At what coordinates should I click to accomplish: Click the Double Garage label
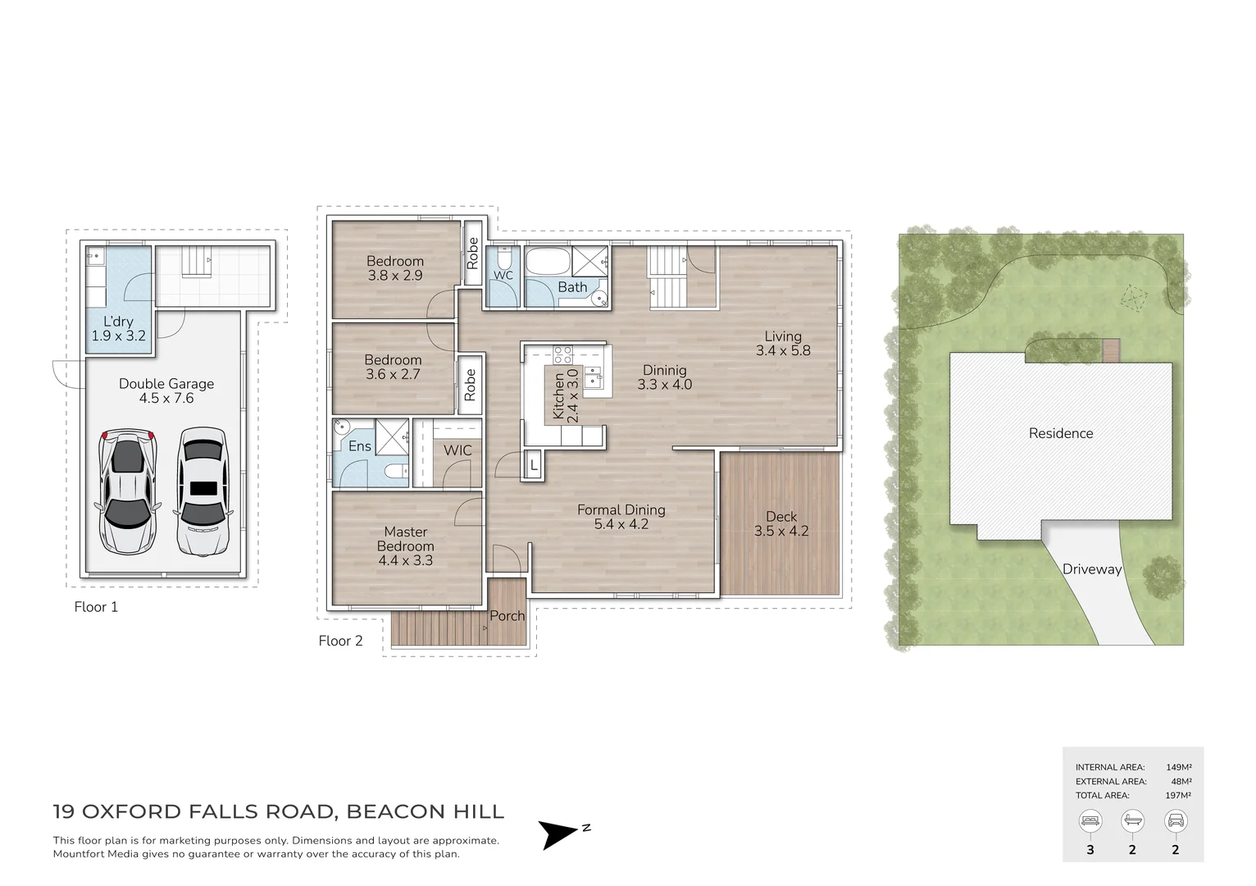tap(166, 384)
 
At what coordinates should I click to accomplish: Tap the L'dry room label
tap(118, 322)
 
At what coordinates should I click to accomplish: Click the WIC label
tap(457, 450)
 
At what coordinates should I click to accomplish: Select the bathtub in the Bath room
tap(548, 262)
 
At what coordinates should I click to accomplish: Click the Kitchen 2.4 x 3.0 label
tap(565, 395)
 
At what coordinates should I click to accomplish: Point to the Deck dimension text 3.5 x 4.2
tap(781, 531)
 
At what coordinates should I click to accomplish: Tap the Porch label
tap(507, 615)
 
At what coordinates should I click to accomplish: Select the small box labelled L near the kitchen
tap(533, 465)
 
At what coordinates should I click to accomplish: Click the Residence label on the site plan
tap(1061, 433)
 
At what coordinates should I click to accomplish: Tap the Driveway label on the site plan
tap(1092, 569)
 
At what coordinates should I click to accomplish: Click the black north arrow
tap(556, 834)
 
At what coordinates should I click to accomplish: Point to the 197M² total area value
tap(1178, 795)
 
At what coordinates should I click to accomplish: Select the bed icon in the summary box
tap(1090, 821)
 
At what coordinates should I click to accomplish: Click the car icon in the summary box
tap(1176, 821)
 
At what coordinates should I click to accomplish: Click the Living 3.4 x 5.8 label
tap(783, 344)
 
